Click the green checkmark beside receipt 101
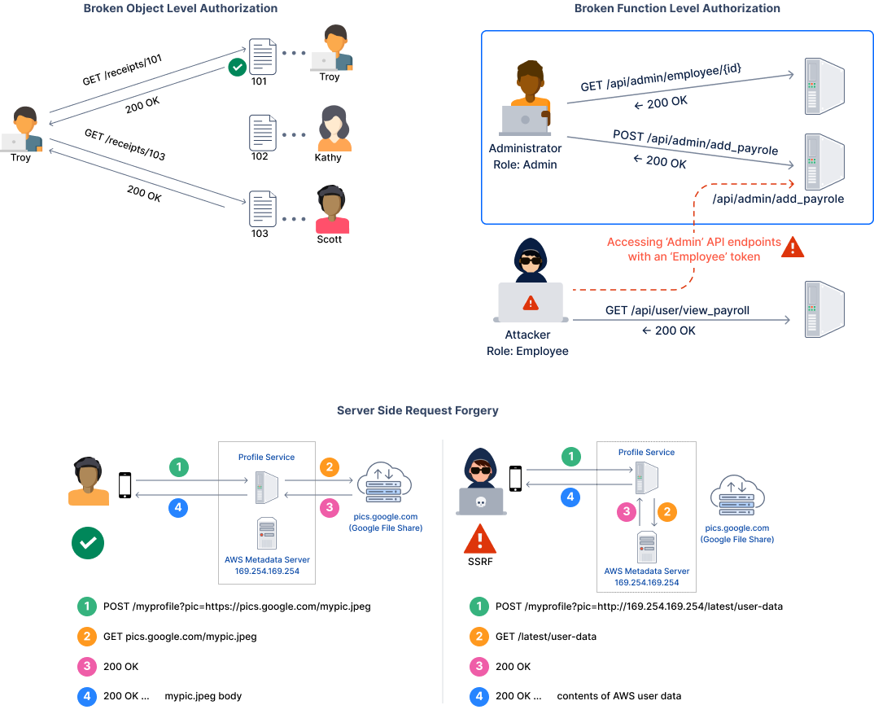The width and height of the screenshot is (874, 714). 237,67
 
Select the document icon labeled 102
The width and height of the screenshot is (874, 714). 261,132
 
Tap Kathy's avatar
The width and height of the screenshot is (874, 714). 334,129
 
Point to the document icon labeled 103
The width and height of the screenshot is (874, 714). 261,208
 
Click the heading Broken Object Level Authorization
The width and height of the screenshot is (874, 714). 181,9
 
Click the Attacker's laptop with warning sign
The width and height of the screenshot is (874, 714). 530,303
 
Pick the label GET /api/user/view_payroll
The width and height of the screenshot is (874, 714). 677,310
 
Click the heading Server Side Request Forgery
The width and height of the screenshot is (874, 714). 417,411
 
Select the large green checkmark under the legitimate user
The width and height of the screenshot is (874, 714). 87,543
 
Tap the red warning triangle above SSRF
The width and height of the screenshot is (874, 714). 480,539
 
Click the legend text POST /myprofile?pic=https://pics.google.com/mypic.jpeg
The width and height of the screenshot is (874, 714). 237,607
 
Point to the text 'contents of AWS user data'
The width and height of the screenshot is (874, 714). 618,696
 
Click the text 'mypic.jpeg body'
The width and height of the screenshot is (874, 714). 203,696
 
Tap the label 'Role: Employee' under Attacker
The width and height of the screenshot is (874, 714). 528,351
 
